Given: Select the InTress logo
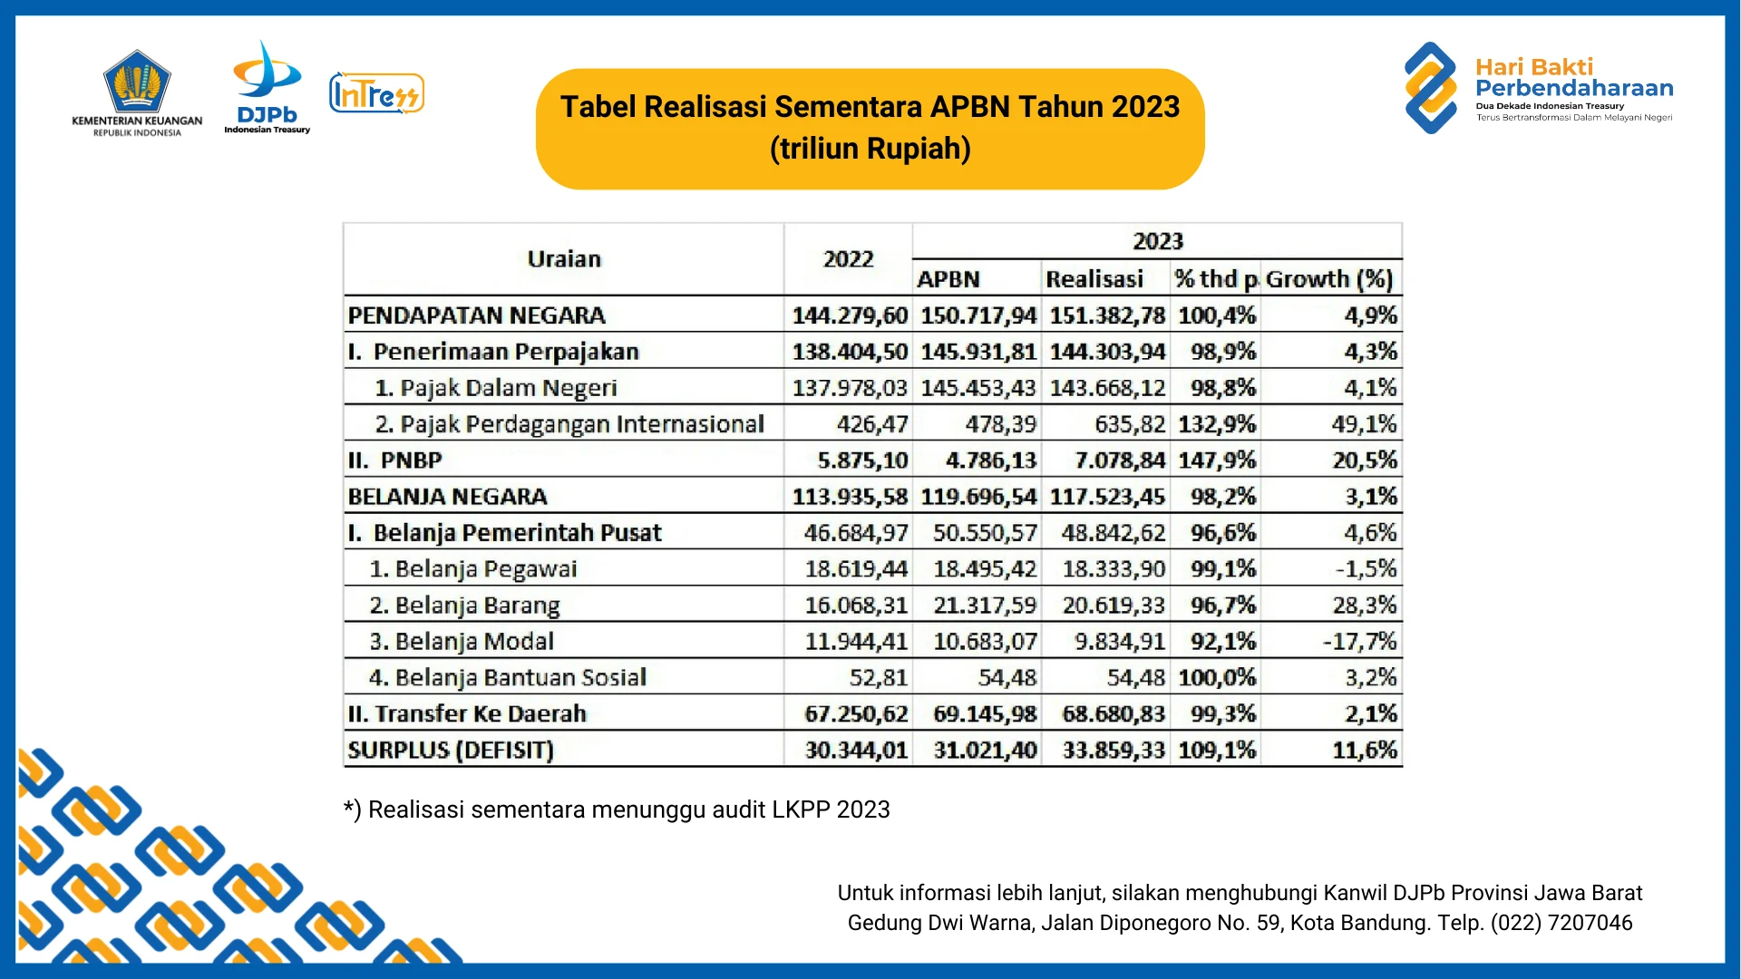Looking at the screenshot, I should (x=376, y=93).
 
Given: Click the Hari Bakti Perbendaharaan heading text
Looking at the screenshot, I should (x=1573, y=78).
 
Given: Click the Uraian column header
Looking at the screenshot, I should (x=564, y=259).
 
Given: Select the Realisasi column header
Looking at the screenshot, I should (x=1094, y=279).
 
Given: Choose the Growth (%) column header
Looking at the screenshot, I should (x=1329, y=279).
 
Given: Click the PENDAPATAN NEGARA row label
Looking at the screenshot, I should (x=477, y=315).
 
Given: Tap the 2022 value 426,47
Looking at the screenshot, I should (x=871, y=424).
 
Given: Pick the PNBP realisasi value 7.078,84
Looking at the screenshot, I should (x=1119, y=460).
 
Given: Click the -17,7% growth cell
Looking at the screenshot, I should (x=1359, y=642).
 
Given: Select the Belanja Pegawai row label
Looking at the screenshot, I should (x=472, y=569).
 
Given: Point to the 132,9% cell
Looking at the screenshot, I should (x=1217, y=424).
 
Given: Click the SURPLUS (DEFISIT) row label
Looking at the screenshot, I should (x=451, y=751).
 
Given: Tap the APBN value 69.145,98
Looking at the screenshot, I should (x=985, y=714).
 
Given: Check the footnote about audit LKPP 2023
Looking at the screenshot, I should (x=617, y=809).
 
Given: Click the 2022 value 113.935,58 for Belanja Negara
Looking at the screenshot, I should (x=850, y=497).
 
